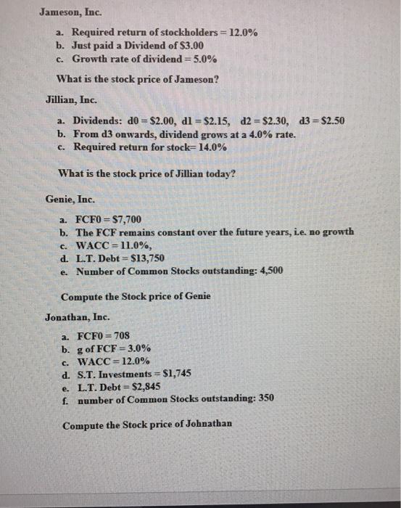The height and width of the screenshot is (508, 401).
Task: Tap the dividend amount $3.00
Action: [x=190, y=46]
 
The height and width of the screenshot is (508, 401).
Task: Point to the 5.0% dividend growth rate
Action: [x=199, y=59]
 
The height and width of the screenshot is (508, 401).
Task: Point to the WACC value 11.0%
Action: [x=139, y=245]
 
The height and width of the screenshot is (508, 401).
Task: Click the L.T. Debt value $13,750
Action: [x=150, y=258]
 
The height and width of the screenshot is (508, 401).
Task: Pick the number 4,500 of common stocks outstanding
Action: [x=268, y=271]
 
